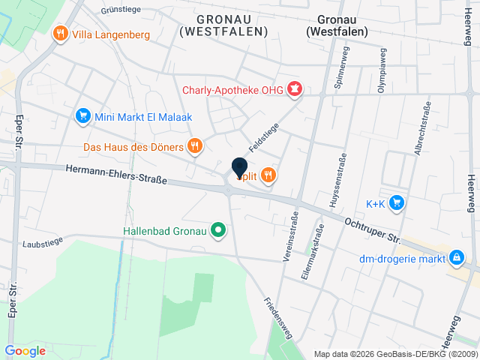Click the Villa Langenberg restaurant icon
point(59,34)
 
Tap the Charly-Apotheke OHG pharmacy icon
point(294,91)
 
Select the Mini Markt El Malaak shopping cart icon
point(82,116)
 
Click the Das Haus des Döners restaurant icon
point(195,145)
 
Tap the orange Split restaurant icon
point(268,176)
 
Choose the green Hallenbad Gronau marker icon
point(218,229)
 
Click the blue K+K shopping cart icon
point(397,202)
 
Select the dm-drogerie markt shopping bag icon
point(455,259)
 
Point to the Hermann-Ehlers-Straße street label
point(116,175)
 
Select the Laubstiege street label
point(42,243)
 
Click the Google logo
point(25,350)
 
